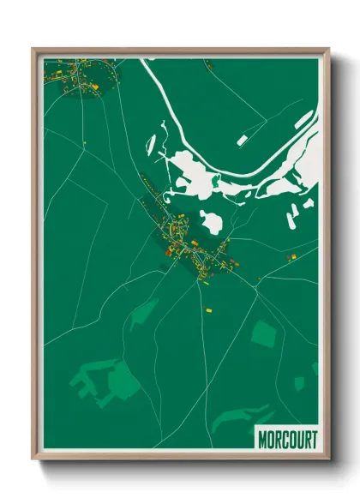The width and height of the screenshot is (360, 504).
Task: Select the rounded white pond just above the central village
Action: point(212,221)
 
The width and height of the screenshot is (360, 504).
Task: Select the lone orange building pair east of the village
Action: point(291,256)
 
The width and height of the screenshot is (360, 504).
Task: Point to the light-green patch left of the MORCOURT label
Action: point(233,419)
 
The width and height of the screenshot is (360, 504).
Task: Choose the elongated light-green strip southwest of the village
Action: point(143,312)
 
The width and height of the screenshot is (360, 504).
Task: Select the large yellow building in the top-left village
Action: point(97,87)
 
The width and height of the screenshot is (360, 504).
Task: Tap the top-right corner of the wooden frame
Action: point(329,50)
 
